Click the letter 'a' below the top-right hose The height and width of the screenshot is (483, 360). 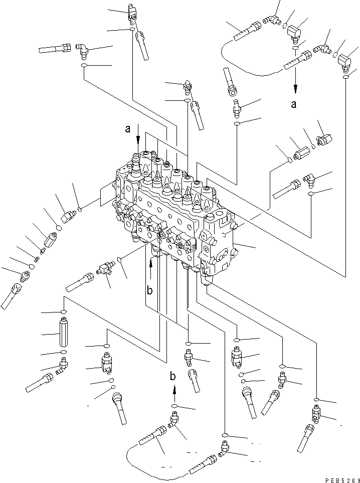[294, 104]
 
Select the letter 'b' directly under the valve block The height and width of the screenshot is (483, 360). [149, 290]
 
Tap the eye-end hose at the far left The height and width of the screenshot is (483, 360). [12, 295]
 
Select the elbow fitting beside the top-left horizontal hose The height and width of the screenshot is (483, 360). [82, 50]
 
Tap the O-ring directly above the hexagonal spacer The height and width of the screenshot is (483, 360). [64, 312]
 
